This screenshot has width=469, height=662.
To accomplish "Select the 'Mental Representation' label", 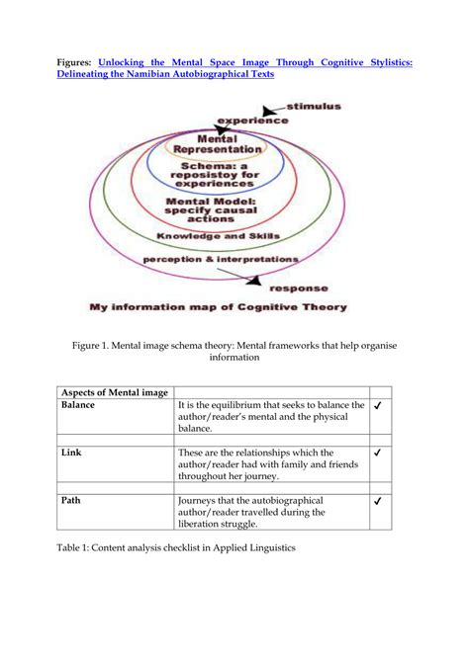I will point(230,144).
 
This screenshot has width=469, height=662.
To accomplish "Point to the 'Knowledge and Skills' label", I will point(219,236).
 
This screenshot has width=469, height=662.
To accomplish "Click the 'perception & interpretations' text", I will point(220,259).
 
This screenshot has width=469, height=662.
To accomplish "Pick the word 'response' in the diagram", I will point(300,289).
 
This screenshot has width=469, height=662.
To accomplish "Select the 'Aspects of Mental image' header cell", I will point(115,391).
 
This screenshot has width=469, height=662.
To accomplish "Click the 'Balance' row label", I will point(78,405).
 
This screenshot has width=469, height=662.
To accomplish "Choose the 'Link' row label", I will point(71,453).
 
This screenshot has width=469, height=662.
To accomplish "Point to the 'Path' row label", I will point(71,500).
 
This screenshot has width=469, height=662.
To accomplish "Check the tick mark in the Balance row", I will point(379,406).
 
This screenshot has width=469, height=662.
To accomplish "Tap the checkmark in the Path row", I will point(379,501).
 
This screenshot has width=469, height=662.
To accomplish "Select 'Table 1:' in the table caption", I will point(80,546).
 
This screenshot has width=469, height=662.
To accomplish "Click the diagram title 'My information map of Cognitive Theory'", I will point(219,307).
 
